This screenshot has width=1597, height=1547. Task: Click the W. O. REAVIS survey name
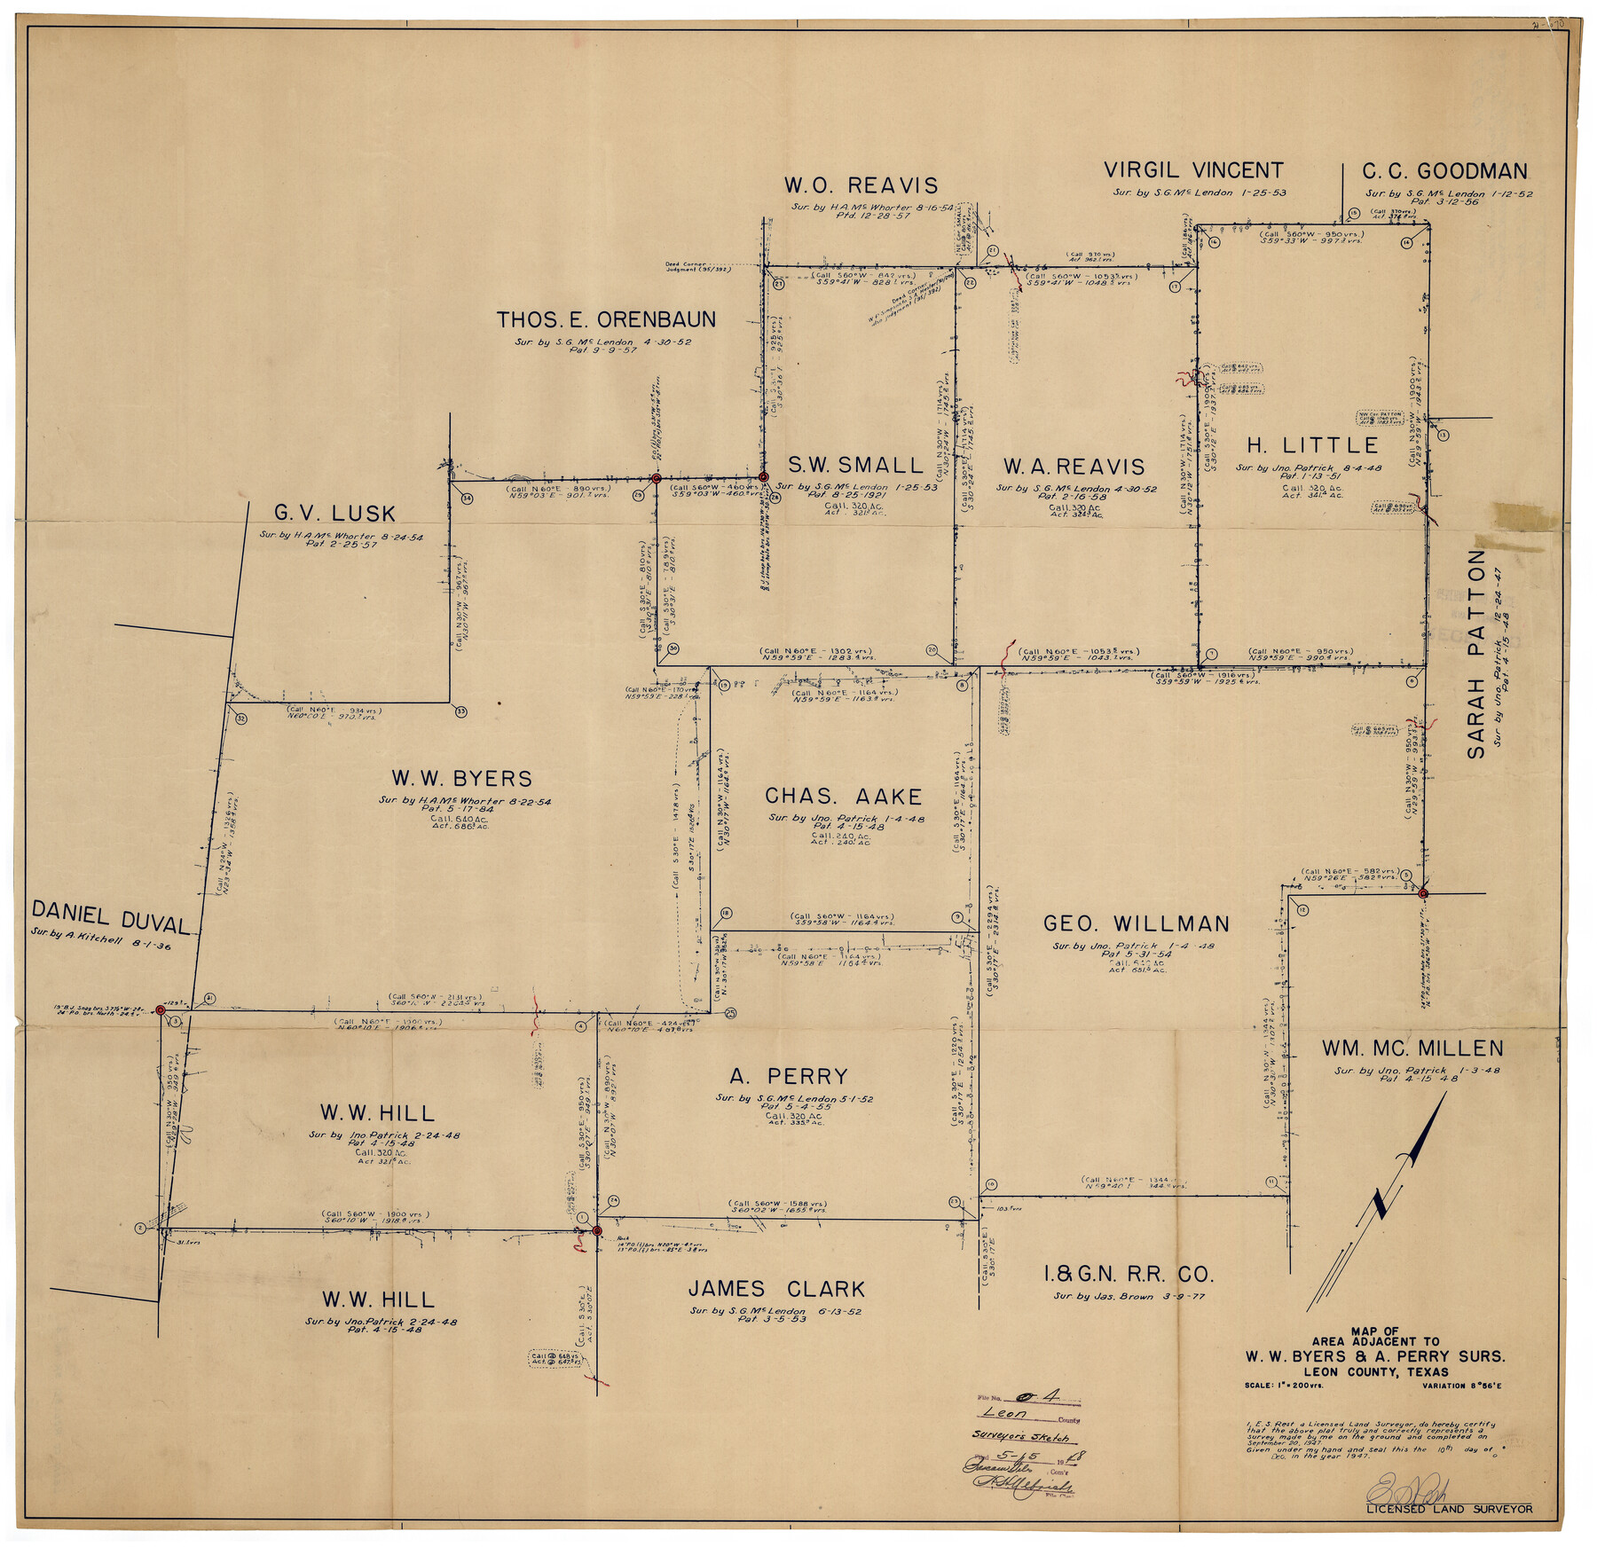pyautogui.click(x=860, y=185)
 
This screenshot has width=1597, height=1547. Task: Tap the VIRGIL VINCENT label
pyautogui.click(x=1192, y=170)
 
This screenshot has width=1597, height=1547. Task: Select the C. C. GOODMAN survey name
pyautogui.click(x=1444, y=171)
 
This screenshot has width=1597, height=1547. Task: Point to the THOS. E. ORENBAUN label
pyautogui.click(x=605, y=319)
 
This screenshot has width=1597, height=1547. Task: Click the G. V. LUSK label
pyautogui.click(x=334, y=513)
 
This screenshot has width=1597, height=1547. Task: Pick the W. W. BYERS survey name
pyautogui.click(x=461, y=779)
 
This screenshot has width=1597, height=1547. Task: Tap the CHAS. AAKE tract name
pyautogui.click(x=843, y=797)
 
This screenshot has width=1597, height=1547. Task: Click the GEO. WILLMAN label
pyautogui.click(x=1136, y=923)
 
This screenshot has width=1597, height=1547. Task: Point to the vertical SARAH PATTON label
pyautogui.click(x=1475, y=654)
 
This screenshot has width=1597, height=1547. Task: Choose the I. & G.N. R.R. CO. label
pyautogui.click(x=1128, y=1275)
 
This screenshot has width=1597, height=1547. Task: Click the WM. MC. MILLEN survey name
pyautogui.click(x=1412, y=1048)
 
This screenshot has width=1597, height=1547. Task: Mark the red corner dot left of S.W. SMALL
pyautogui.click(x=763, y=477)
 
